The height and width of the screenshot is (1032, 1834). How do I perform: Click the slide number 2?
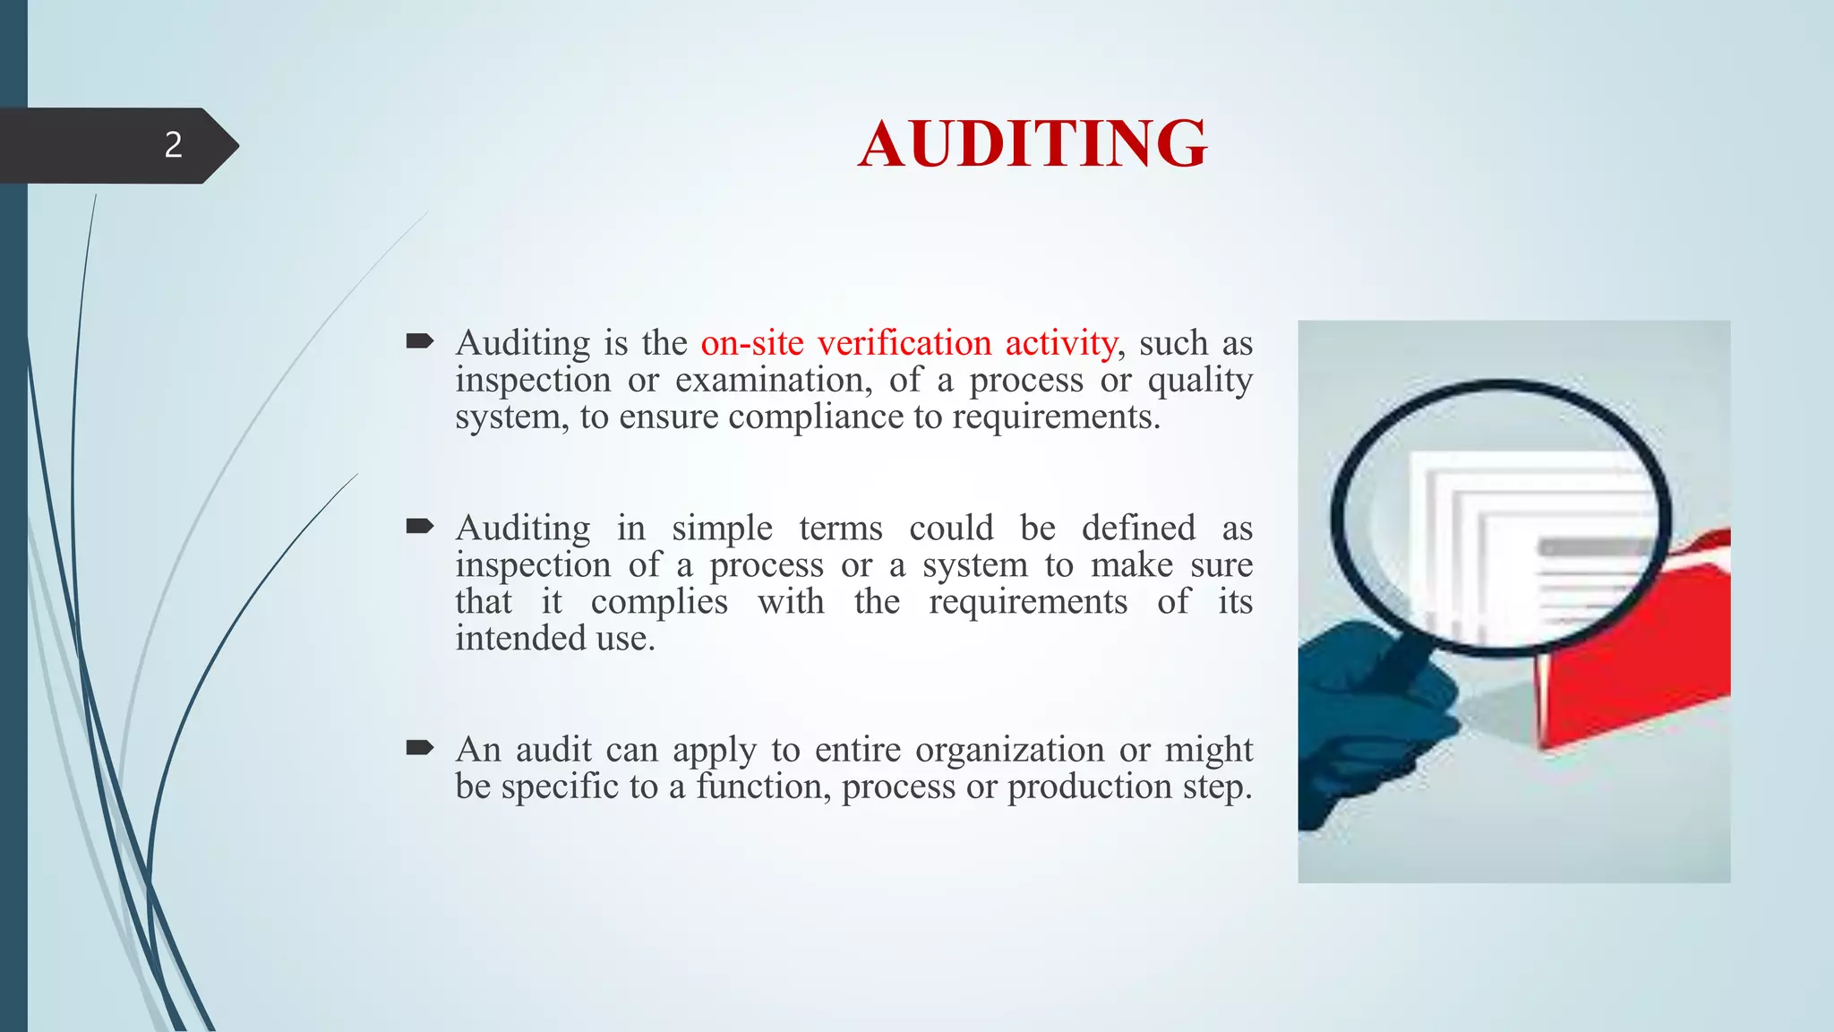point(173,145)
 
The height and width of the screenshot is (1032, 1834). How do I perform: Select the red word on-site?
point(752,343)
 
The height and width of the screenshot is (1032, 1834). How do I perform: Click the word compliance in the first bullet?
point(816,417)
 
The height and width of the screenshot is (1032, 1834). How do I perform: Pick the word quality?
point(1200,381)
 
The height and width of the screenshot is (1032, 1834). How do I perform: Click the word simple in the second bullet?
point(722,529)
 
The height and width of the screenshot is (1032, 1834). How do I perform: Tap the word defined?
point(1138,529)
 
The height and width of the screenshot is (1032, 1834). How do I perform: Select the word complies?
point(659,602)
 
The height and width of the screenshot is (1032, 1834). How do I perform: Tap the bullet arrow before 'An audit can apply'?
point(419,747)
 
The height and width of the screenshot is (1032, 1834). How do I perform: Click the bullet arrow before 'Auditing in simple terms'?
point(419,526)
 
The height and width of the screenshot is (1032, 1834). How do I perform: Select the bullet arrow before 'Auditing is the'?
point(419,340)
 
